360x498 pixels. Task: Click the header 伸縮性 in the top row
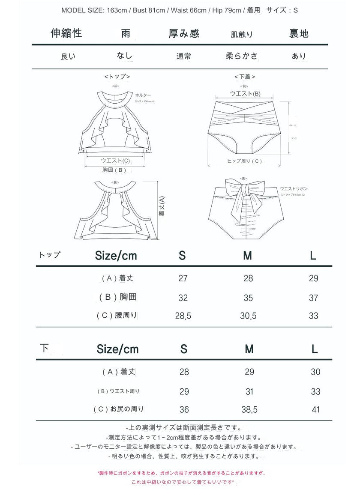66,33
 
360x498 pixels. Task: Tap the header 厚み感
184,34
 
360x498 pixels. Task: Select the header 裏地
299,34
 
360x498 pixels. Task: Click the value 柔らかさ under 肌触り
242,56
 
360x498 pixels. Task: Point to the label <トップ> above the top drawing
117,77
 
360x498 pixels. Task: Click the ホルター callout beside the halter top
143,95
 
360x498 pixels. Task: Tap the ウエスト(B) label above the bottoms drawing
245,94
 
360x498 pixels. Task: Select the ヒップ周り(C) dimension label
244,161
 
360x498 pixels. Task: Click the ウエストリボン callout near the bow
294,188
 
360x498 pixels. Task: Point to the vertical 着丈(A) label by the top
162,207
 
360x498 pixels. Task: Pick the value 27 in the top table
183,278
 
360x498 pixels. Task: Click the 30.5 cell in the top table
249,316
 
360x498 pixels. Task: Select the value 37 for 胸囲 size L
313,298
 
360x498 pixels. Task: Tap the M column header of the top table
247,256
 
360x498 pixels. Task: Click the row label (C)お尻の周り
119,409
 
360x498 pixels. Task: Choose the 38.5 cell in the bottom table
249,410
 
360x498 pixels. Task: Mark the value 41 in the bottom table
315,410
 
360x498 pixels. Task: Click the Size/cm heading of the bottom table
118,349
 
